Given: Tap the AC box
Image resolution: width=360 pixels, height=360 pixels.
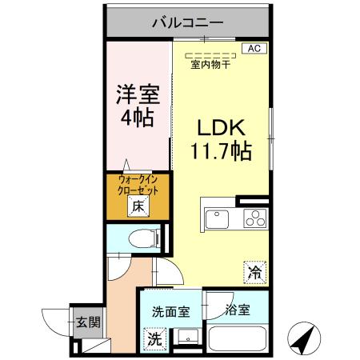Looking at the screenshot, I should point(254,49).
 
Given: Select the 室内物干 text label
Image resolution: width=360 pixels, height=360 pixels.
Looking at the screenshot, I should point(211,66).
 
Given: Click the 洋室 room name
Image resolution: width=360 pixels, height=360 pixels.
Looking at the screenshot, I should point(135,94).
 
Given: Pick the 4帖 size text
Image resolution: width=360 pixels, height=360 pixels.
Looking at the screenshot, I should point(135,117).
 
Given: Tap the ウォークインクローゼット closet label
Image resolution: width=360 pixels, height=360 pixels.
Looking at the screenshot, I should point(138,186).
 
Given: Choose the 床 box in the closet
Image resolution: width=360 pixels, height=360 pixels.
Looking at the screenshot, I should point(138,206).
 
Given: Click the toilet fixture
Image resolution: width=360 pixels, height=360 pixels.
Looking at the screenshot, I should point(142,238).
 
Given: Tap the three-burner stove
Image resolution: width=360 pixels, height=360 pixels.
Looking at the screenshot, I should point(254,218).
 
